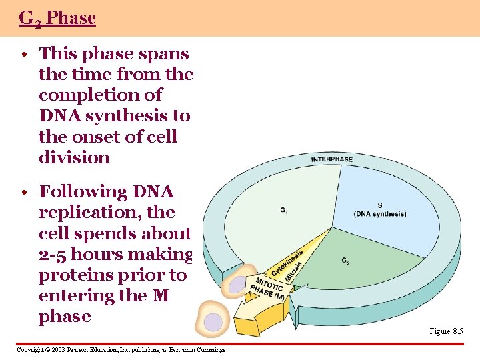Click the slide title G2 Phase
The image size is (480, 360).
pos(57,18)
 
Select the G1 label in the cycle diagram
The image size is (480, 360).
pos(284,211)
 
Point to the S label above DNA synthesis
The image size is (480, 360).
pos(379,205)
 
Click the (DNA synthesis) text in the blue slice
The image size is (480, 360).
pos(379,214)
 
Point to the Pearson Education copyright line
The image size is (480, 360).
pos(121,350)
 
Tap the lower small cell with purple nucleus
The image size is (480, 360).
pos(213,323)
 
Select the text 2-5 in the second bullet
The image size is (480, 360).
pos(53,254)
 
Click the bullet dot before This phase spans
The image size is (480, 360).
pos(23,55)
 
